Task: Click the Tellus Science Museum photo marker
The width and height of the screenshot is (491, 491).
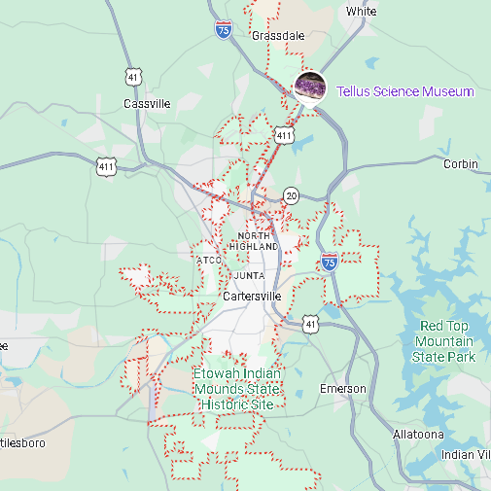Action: pos(310,87)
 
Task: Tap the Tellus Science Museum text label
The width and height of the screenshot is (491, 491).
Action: pos(404,91)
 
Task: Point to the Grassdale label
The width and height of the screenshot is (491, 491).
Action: pos(278,36)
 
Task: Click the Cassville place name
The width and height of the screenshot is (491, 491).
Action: pos(147,103)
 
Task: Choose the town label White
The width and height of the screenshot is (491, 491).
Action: pos(361,12)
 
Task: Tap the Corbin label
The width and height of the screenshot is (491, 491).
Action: pos(461,164)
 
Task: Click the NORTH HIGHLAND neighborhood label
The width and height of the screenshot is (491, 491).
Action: pos(258,242)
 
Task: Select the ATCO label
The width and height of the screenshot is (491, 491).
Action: pos(210,261)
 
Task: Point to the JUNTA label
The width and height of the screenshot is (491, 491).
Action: pos(249,275)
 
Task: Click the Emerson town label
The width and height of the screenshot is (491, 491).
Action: pos(343,389)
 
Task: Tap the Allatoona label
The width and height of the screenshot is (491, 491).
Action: pos(418,434)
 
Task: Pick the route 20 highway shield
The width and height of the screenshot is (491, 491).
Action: pos(292,195)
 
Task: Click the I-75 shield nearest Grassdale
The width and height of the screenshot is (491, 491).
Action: pos(224,30)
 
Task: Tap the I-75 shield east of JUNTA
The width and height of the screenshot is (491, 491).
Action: pos(330,262)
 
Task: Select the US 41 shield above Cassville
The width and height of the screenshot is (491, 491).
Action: pos(133,75)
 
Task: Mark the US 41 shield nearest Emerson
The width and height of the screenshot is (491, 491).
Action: pos(309,324)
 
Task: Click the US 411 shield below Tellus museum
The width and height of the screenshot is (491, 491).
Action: pos(283,136)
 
